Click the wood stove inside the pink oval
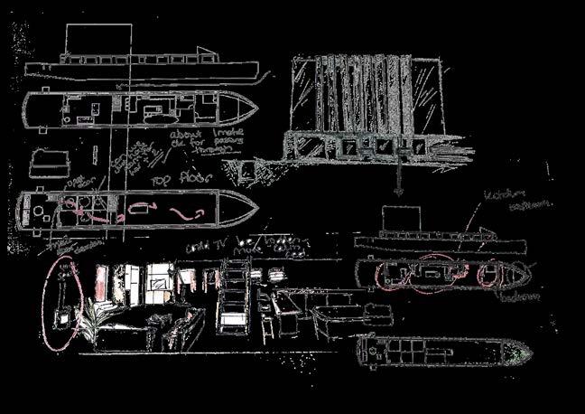pos(64,319)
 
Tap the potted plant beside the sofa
pos(92,318)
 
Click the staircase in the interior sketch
pos(233,294)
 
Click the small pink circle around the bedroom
pos(487,273)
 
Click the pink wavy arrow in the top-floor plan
pos(189,212)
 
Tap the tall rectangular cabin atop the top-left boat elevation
pos(98,42)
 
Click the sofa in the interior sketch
pos(149,327)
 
